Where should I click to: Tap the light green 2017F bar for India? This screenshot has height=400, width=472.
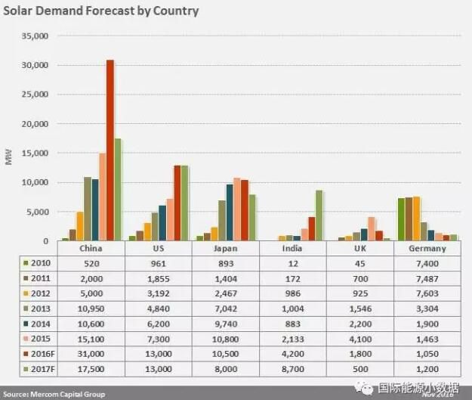click(319, 216)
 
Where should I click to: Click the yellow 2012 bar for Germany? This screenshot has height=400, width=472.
click(416, 219)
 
